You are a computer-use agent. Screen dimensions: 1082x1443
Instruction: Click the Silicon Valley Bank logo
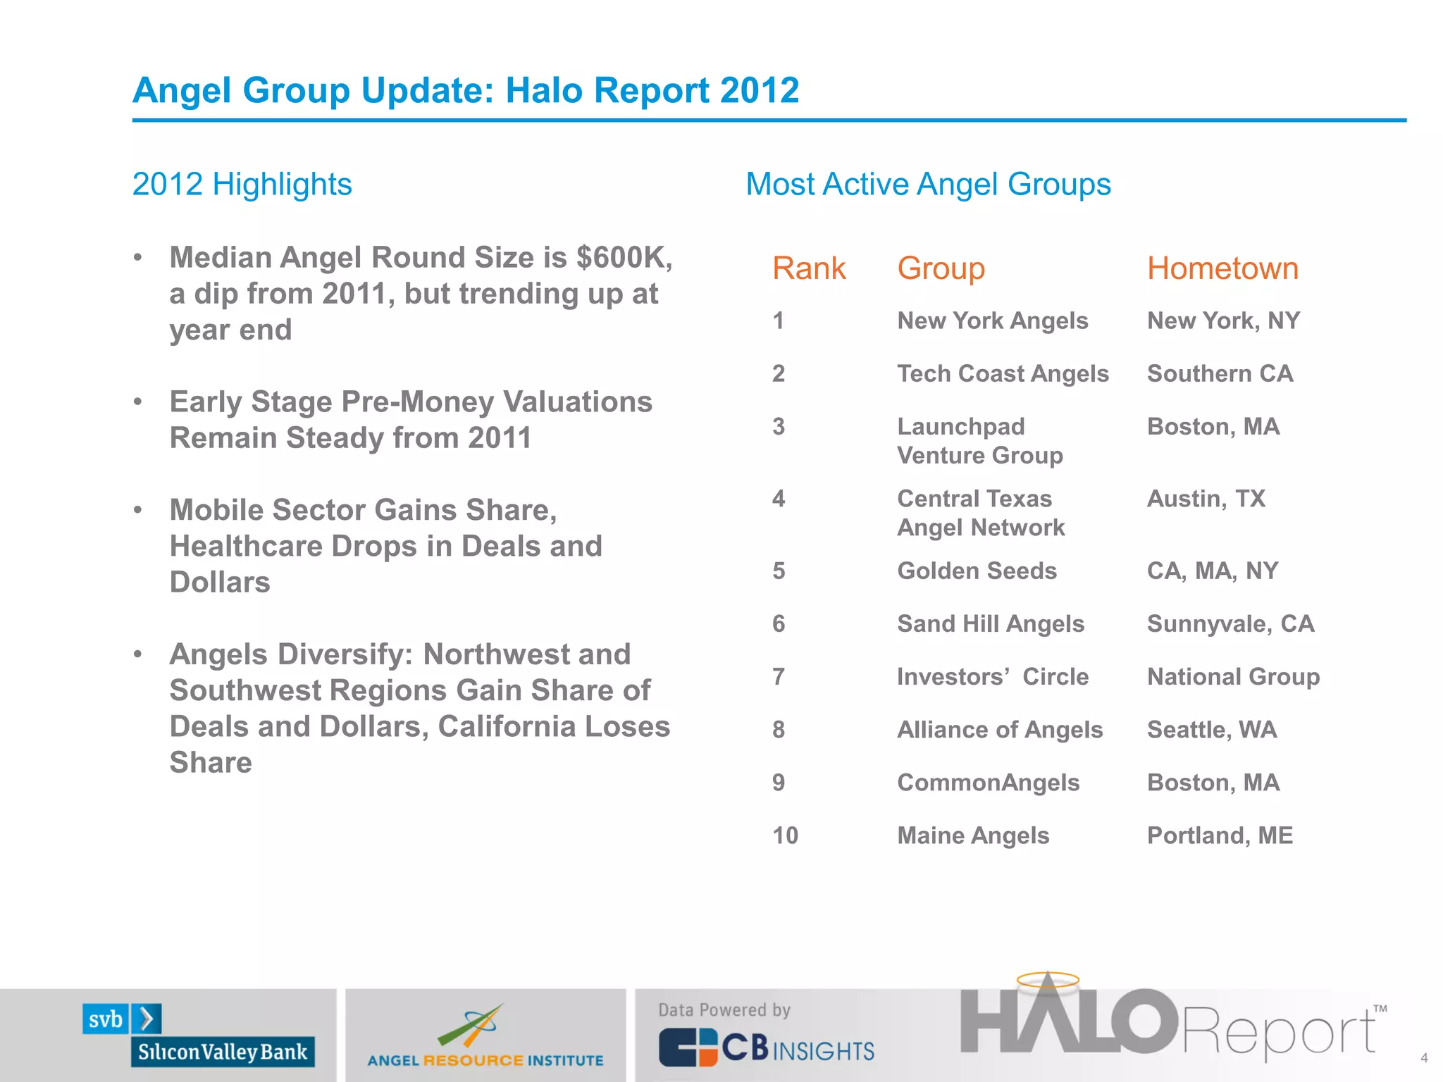[198, 1036]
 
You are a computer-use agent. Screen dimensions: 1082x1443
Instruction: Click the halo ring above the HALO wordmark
[1048, 979]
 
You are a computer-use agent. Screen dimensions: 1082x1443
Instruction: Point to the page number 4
[1424, 1058]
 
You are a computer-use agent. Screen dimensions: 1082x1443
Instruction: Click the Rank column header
[808, 268]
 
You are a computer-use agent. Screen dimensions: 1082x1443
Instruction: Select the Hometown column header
[1222, 268]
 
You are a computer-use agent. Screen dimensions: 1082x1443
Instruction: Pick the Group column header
[941, 268]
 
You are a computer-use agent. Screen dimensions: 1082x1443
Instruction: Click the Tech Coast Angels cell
[1003, 373]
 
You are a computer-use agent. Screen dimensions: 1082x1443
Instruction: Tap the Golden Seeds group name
[977, 571]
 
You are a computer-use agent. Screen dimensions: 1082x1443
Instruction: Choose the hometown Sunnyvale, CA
[1230, 623]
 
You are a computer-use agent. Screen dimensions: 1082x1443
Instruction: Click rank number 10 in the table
[785, 835]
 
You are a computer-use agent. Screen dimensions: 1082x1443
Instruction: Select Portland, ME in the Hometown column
[1220, 835]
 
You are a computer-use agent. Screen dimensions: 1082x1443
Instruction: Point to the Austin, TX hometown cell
[1206, 499]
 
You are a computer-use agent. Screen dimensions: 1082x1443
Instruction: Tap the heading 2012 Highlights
[242, 185]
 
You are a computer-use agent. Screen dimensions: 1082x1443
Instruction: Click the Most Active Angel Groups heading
[928, 185]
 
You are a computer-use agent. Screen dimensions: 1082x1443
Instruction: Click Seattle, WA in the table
[1211, 730]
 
